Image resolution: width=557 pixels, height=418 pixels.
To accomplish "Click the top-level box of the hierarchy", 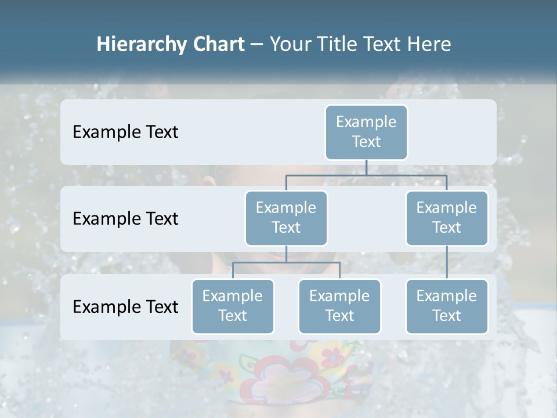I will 366,132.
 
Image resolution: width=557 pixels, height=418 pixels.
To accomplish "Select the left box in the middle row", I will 286,218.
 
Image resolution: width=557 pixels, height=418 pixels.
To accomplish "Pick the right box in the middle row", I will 447,218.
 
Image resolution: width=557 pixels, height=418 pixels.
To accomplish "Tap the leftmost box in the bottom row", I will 233,306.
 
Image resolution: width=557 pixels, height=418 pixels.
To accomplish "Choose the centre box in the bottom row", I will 339,306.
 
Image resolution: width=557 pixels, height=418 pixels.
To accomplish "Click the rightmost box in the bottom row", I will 447,306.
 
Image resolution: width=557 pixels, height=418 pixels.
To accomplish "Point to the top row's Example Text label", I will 125,132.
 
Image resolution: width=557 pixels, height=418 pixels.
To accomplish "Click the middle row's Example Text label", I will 125,218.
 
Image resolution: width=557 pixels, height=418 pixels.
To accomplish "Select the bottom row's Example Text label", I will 125,307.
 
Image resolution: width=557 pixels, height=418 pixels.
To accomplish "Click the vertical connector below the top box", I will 366,167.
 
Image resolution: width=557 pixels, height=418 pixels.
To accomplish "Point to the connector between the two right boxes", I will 447,262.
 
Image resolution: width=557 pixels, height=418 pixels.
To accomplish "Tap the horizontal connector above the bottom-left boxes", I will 286,263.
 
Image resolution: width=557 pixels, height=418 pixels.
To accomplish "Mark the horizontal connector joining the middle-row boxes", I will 366,175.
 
